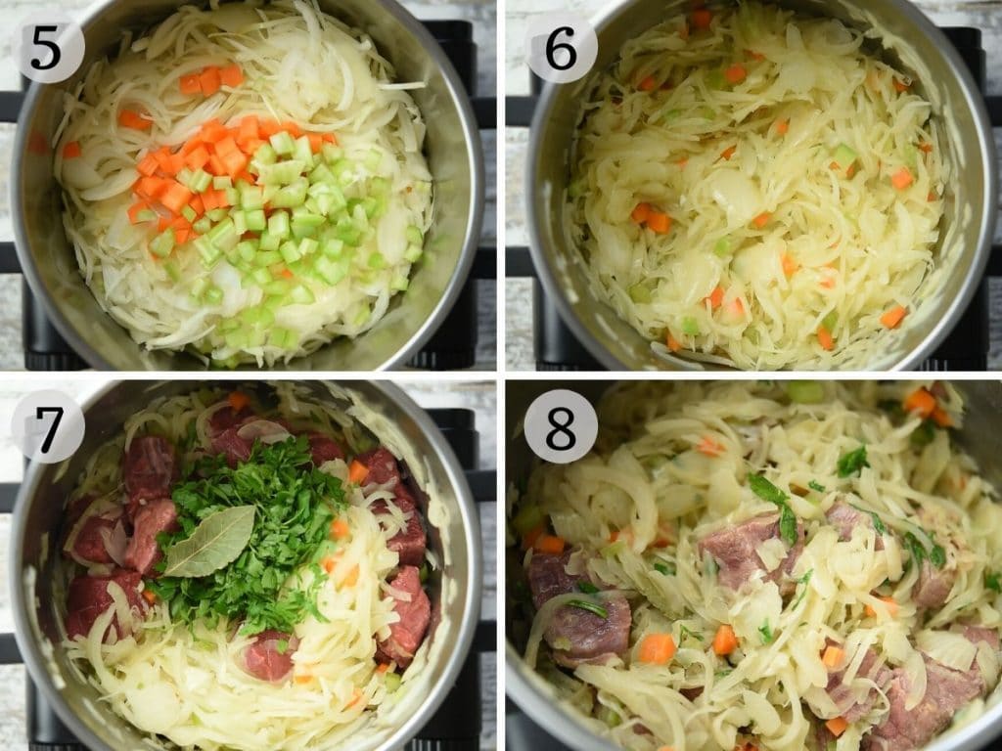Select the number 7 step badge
pos(48,426)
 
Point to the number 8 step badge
pos(561,426)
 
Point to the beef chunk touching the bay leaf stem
pos(149,535)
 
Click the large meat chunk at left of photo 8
pos(578,610)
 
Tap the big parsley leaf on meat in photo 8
pos(776,505)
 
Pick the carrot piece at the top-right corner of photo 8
pos(920,402)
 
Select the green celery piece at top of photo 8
pos(805,391)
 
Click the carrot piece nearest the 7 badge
pos(239,400)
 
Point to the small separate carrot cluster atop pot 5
pos(211,79)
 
